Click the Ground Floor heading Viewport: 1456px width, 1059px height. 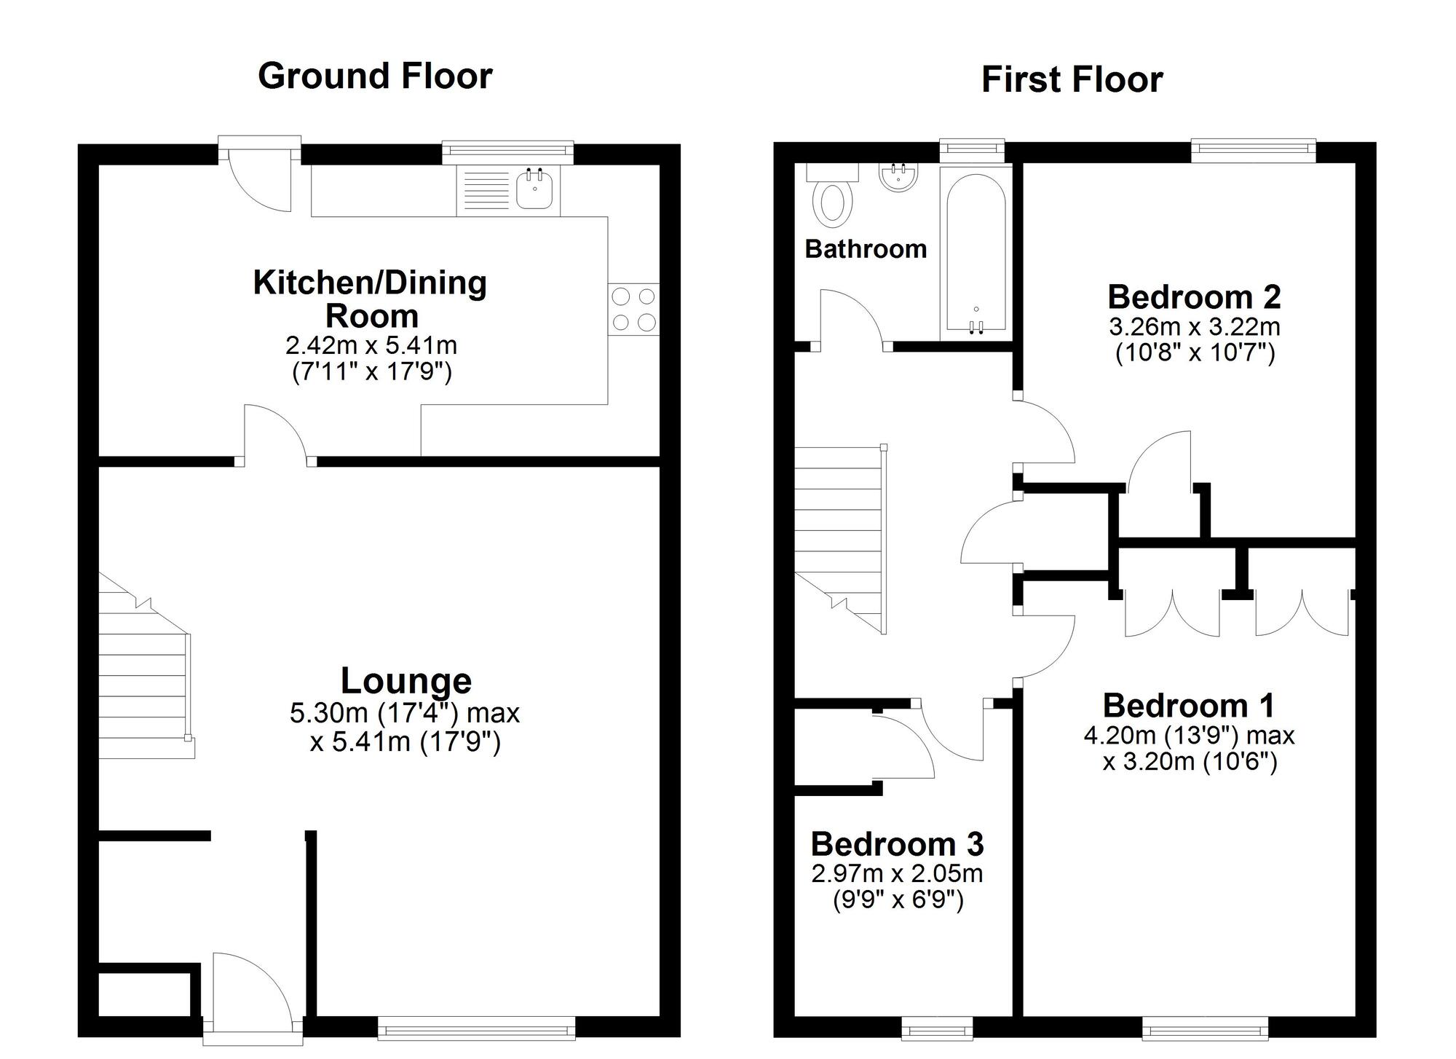(x=375, y=76)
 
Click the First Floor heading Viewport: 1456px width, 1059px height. (x=1072, y=79)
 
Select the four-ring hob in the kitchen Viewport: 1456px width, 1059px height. (x=633, y=310)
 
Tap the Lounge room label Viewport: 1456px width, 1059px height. (x=405, y=681)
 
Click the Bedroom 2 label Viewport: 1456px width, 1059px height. (x=1194, y=297)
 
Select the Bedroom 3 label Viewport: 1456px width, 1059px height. (x=897, y=844)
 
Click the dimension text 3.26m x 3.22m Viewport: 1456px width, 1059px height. (x=1194, y=326)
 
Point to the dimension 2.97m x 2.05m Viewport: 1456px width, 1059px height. (x=897, y=873)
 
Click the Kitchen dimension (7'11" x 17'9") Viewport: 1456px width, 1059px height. (x=372, y=373)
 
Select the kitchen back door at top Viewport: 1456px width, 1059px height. (x=258, y=178)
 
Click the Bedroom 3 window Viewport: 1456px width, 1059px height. (x=936, y=1028)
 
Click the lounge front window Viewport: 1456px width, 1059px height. (x=477, y=1028)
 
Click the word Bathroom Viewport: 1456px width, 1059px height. (x=866, y=249)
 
